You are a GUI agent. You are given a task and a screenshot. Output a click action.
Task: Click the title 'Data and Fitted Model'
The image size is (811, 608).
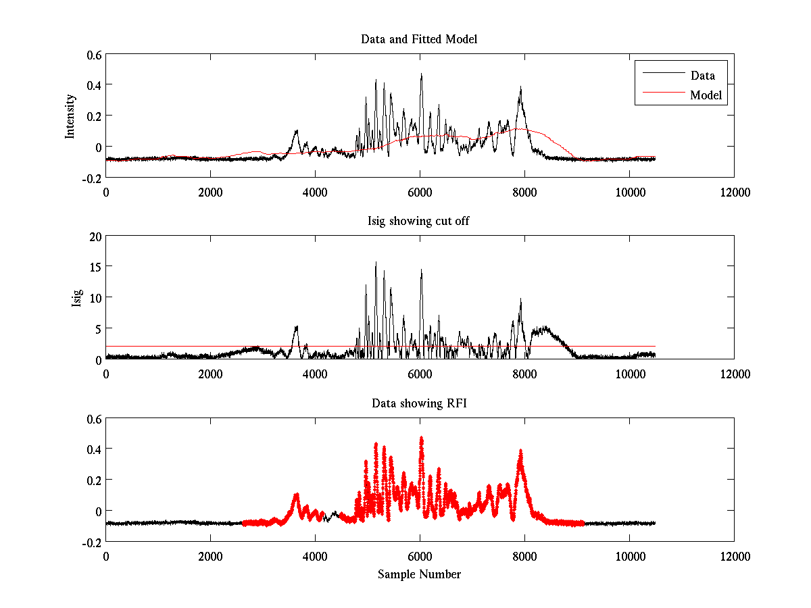[419, 39]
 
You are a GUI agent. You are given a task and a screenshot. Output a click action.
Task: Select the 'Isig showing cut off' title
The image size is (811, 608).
[419, 221]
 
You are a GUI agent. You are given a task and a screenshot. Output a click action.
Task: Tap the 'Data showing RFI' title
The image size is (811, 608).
[419, 403]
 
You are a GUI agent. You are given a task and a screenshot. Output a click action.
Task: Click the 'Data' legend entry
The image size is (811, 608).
[702, 76]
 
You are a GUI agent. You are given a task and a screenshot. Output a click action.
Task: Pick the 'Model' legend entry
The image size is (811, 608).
[706, 95]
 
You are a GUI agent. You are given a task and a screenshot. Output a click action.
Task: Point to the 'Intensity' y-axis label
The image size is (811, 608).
[70, 116]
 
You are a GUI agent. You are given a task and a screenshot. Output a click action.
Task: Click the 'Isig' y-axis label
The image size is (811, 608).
[76, 297]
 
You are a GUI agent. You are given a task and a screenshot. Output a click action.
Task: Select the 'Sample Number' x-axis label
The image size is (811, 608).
[419, 574]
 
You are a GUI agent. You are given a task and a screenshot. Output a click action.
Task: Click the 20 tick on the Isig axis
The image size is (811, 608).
[94, 236]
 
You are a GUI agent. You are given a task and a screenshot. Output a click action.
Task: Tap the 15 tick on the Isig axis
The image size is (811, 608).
[94, 267]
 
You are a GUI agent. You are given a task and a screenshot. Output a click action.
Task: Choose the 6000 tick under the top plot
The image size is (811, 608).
[420, 192]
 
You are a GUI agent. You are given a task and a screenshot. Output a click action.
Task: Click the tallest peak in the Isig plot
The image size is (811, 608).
[376, 263]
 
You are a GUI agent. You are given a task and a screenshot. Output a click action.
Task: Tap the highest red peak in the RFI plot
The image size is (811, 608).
[421, 438]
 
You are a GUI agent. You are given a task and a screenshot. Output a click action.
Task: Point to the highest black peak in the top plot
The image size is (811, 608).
[421, 74]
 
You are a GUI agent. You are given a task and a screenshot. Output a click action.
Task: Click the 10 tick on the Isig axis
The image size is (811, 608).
[94, 297]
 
